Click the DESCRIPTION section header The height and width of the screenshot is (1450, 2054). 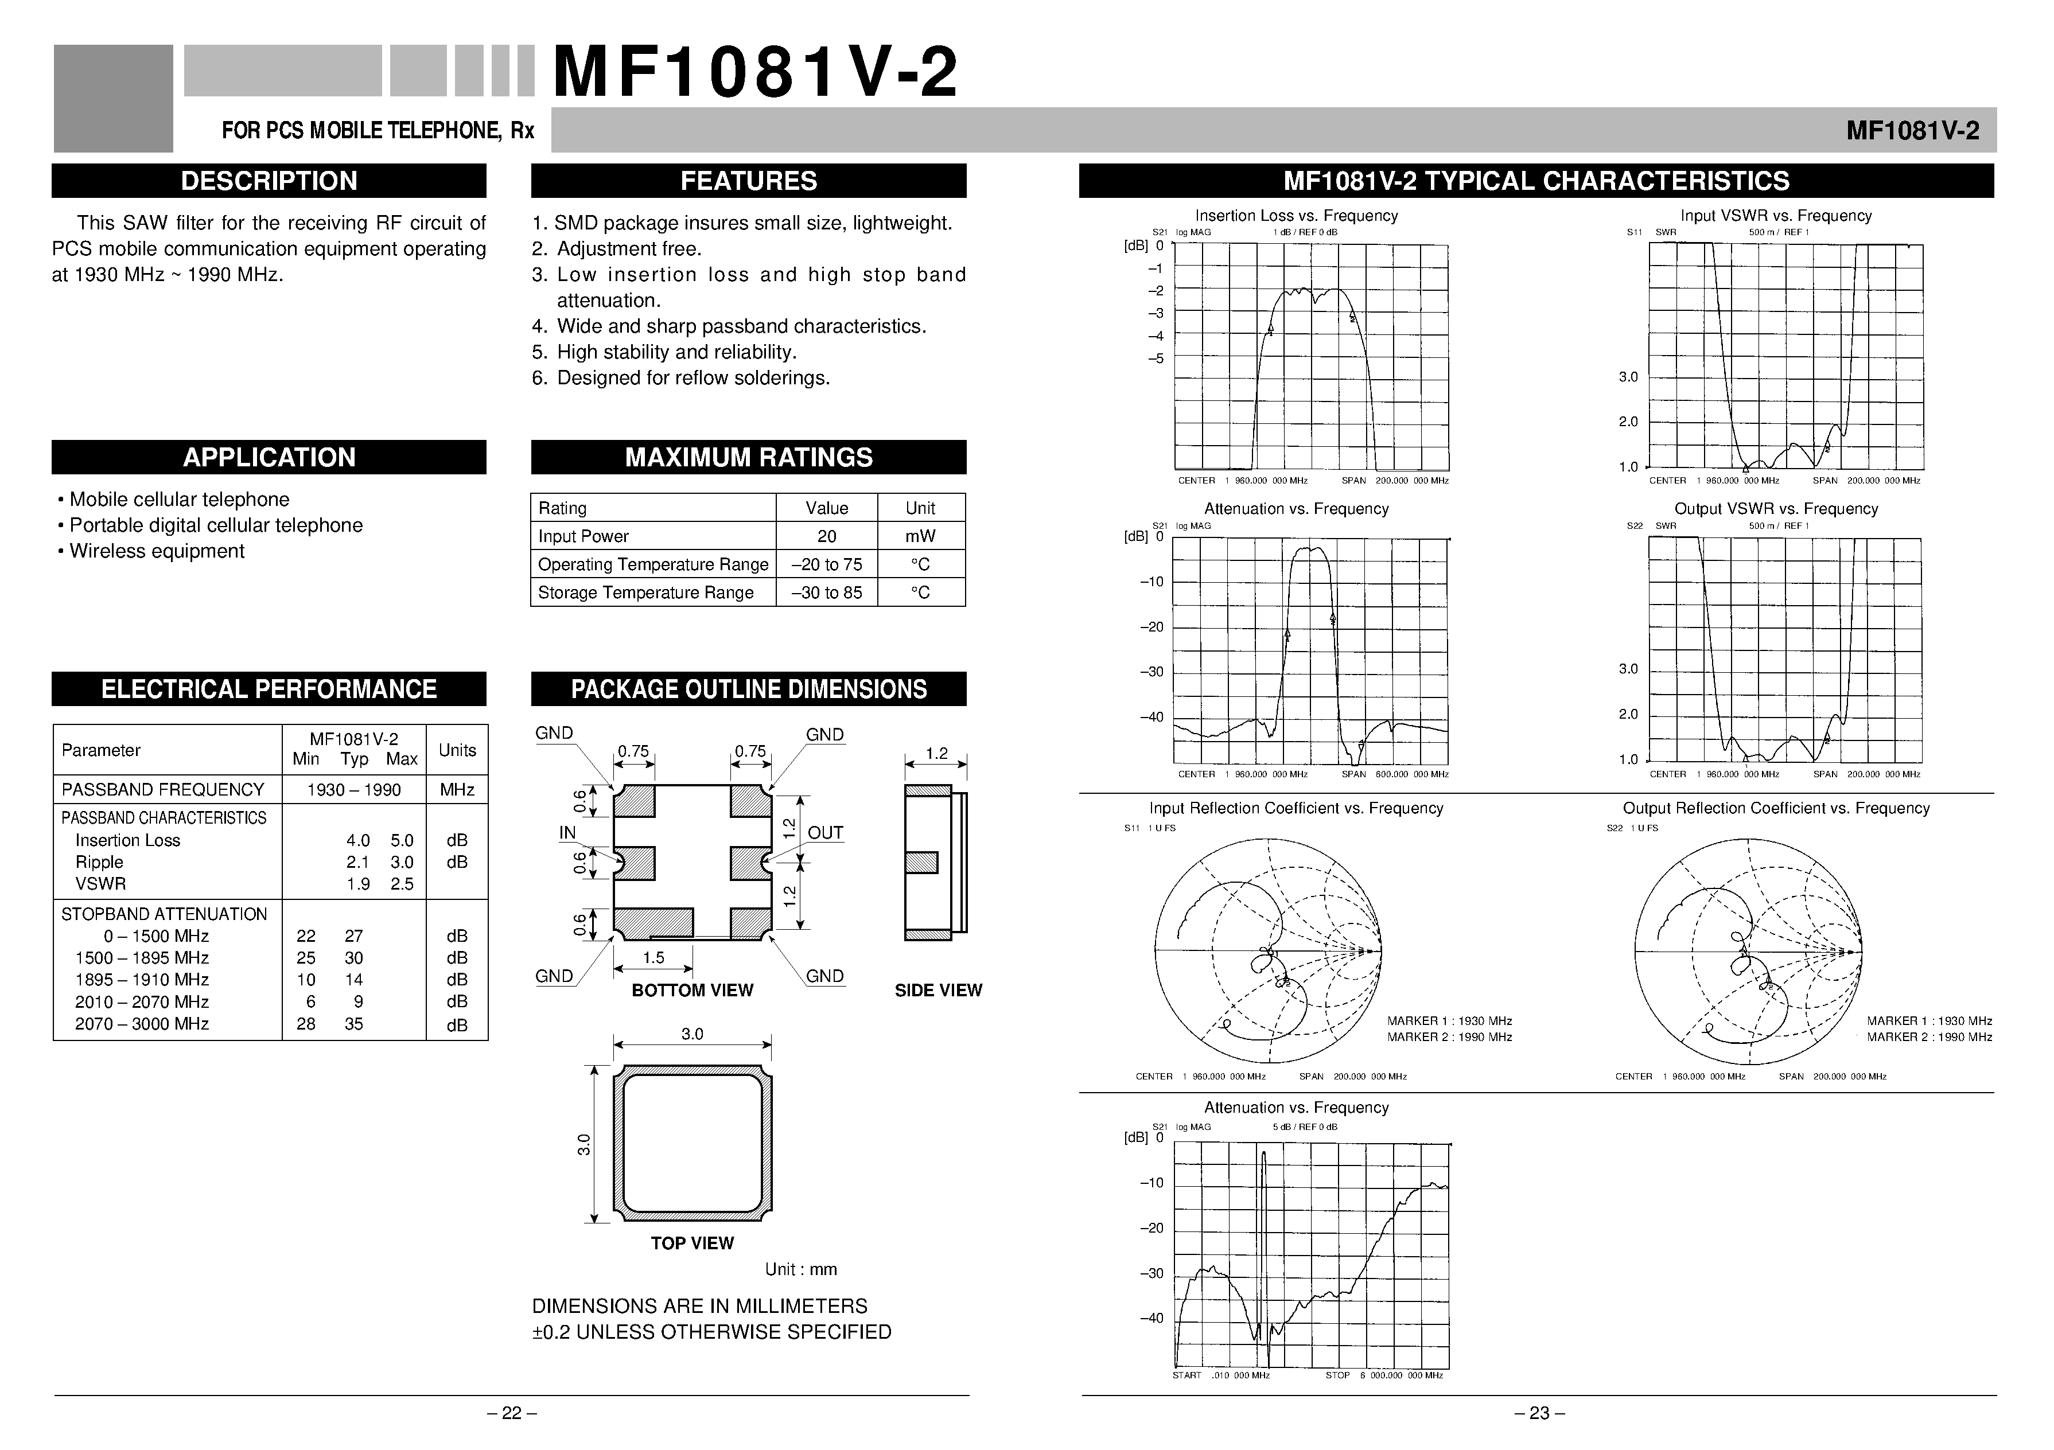coord(269,181)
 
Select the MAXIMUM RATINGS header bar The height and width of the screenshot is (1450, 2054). coord(748,457)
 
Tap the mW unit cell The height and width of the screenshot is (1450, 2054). coord(920,536)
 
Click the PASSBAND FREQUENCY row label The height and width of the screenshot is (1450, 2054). coord(163,789)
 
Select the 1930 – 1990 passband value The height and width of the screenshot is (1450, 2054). coord(353,790)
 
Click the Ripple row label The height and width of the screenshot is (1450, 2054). coord(99,862)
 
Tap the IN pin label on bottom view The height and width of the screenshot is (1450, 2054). coord(567,833)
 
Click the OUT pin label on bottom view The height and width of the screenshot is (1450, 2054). coord(825,833)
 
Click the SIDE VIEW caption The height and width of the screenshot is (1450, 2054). coord(937,990)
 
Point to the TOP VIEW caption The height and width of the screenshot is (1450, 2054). coord(691,1242)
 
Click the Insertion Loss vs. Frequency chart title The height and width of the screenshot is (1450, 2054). coord(1296,216)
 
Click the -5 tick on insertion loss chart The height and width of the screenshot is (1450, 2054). coord(1156,358)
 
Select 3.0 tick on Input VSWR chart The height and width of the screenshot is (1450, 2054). coord(1627,377)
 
